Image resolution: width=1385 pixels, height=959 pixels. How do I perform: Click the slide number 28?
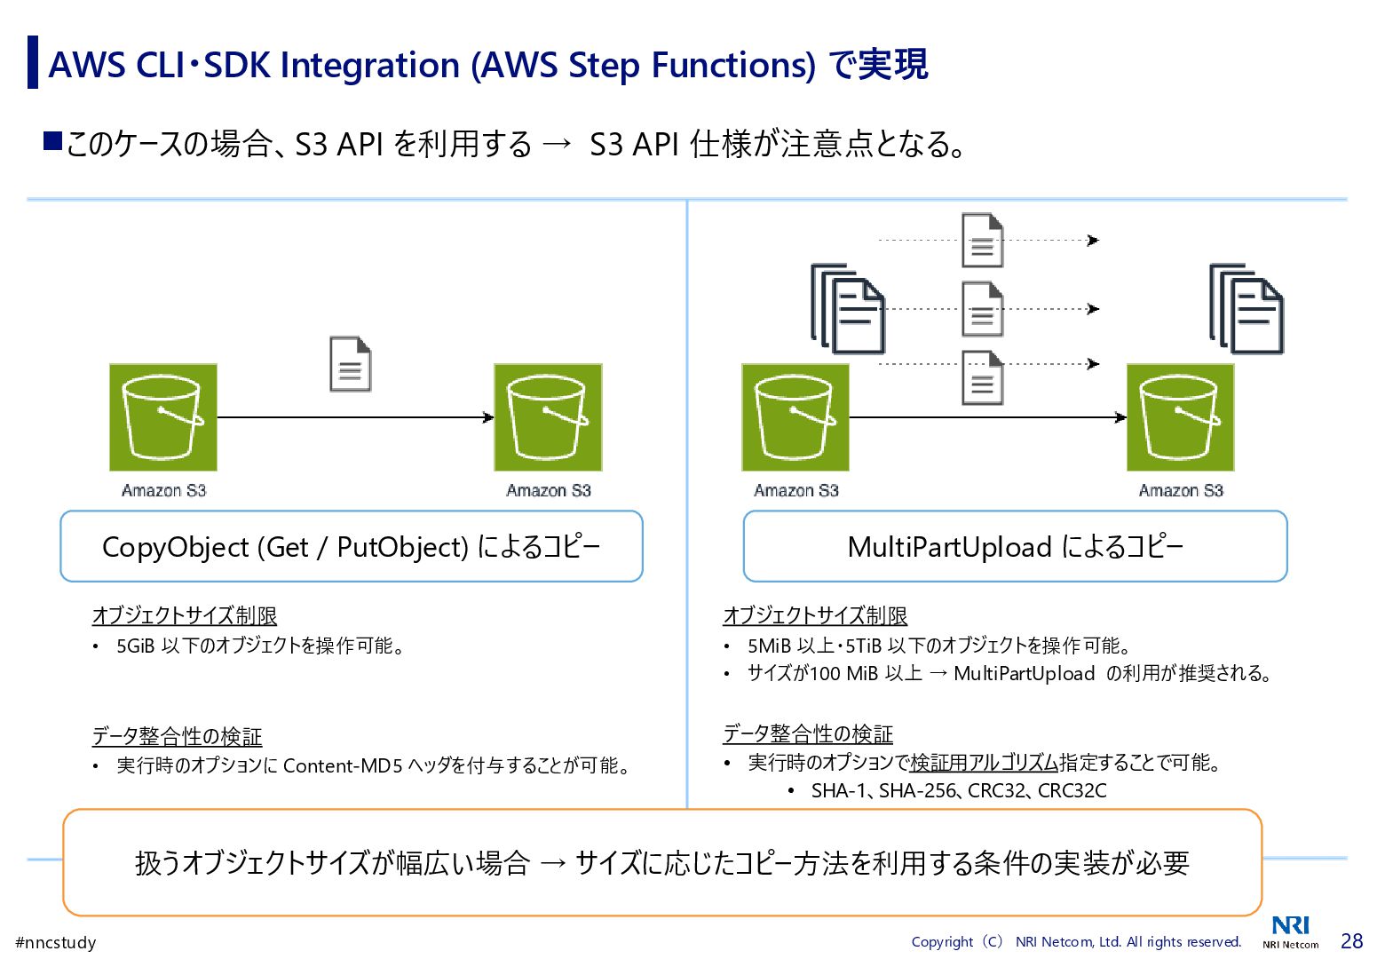click(1351, 941)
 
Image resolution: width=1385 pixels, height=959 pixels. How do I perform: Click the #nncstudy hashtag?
click(56, 942)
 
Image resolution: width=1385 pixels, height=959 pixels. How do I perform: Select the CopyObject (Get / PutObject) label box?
click(351, 546)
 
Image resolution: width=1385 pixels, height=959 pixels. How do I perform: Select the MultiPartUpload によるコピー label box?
click(1015, 546)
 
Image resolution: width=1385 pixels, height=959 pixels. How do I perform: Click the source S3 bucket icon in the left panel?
click(163, 416)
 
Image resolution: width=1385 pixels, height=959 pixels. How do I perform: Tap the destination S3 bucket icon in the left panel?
click(548, 416)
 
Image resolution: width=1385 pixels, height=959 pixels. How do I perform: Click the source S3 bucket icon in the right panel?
click(795, 416)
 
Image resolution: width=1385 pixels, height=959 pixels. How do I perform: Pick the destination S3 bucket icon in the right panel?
click(1180, 416)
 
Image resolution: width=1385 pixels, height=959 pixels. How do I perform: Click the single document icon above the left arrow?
click(350, 364)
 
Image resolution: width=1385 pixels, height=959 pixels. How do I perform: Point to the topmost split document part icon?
click(982, 240)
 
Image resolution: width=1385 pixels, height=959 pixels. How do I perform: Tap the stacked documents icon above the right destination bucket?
click(1246, 308)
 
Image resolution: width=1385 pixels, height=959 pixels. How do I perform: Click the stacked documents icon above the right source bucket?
click(848, 308)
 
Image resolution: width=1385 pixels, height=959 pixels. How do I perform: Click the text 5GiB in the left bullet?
click(136, 646)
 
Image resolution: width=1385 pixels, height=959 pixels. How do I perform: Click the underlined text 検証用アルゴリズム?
click(984, 763)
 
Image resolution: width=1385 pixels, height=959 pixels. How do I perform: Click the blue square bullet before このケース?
click(52, 141)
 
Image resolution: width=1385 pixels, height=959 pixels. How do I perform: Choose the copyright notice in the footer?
click(1076, 941)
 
